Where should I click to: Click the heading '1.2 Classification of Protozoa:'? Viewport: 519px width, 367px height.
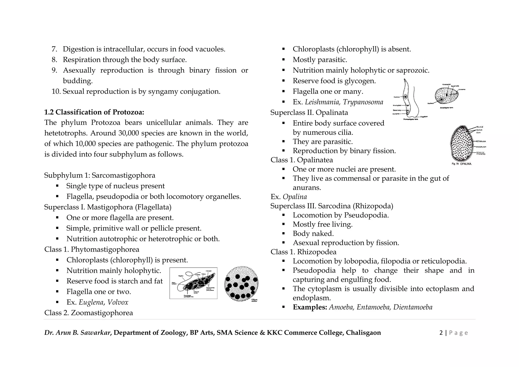tap(94, 112)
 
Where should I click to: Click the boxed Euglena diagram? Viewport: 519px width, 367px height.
tap(193, 283)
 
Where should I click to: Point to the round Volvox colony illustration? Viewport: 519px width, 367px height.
tap(241, 284)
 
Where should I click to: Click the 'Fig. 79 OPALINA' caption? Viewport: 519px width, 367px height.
tap(461, 164)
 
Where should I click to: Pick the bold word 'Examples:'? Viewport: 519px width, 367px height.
tap(310, 307)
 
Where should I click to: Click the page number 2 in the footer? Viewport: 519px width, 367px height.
tap(441, 333)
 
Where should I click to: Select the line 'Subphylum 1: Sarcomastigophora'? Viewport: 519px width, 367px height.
tap(100, 175)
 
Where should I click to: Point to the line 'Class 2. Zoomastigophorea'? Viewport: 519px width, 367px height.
tap(88, 313)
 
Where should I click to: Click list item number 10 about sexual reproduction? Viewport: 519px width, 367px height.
tap(136, 91)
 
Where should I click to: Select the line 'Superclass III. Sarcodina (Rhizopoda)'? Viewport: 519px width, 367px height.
tap(331, 206)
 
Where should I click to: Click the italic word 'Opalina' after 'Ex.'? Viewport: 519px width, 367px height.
tap(294, 197)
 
